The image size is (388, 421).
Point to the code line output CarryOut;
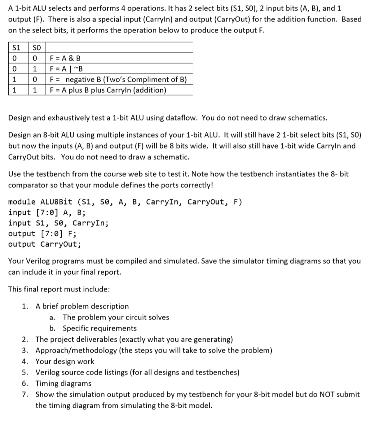tap(44, 245)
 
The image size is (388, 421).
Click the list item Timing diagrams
tap(63, 384)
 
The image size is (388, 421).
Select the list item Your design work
tap(65, 361)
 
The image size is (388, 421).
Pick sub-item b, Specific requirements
tap(99, 328)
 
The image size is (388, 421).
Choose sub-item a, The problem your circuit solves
tap(115, 317)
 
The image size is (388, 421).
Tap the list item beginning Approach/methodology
tap(153, 351)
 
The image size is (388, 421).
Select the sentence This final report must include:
tap(59, 289)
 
